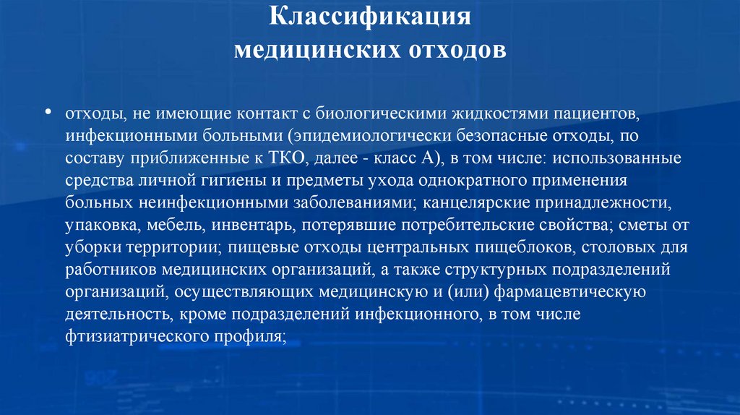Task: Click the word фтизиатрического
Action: [x=129, y=337]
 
